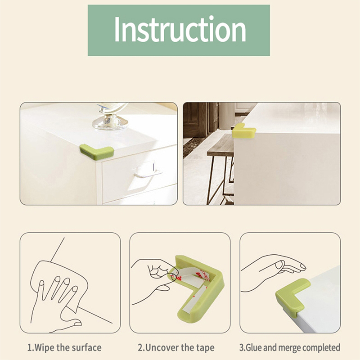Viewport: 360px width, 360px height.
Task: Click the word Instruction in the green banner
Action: [180, 30]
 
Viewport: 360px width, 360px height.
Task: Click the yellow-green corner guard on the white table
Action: [243, 131]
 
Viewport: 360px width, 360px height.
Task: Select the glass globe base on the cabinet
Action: [110, 119]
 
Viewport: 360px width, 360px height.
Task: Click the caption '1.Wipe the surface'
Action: [64, 347]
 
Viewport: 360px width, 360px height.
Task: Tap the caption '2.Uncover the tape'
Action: [176, 347]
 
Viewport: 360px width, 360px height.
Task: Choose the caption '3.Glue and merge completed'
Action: [290, 347]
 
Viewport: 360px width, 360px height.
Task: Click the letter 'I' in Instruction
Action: [117, 30]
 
